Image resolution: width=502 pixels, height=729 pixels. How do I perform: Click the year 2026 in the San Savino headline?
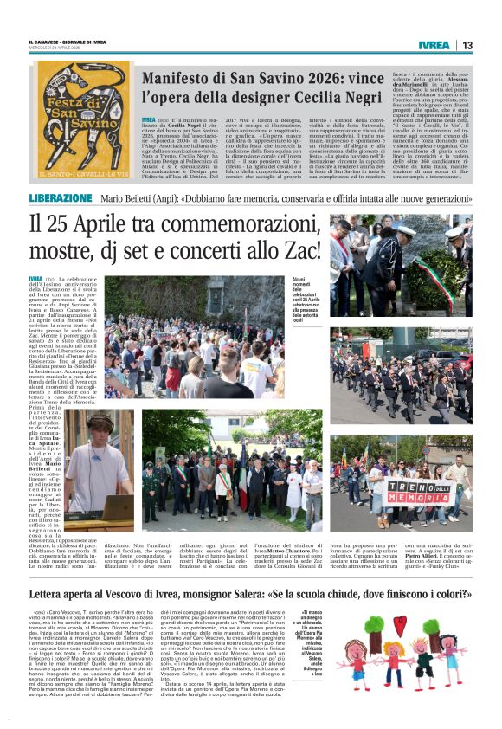tap(325, 76)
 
